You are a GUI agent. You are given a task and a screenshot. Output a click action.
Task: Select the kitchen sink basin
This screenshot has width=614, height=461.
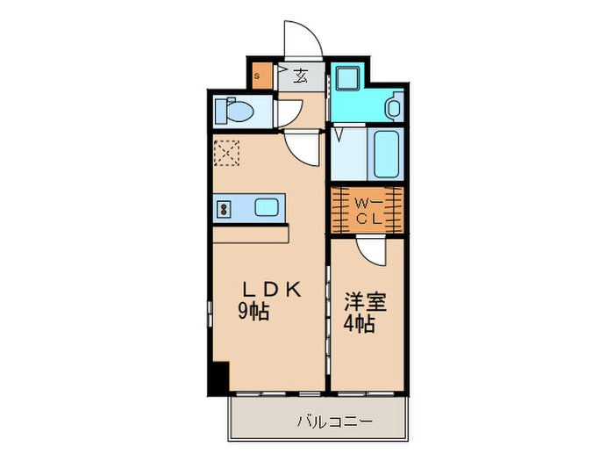click(267, 208)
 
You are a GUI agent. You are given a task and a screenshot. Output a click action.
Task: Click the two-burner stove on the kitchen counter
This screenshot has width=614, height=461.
click(224, 208)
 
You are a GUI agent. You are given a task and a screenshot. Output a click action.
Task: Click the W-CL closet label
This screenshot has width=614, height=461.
click(368, 211)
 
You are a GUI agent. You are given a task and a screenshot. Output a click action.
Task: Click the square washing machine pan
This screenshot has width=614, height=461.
click(345, 77)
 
